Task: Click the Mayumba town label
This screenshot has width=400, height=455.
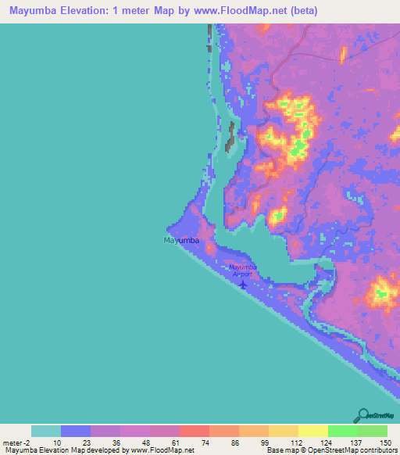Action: (x=181, y=240)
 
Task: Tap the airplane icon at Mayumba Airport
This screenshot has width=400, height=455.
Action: (x=243, y=284)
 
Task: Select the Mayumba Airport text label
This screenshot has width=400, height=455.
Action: (x=243, y=270)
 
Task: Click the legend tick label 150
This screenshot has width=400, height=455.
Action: (x=386, y=442)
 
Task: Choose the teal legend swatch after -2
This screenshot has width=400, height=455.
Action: (x=46, y=431)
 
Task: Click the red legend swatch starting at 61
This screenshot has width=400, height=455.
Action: (x=194, y=431)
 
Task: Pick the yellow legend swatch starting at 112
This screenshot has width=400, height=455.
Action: (x=312, y=431)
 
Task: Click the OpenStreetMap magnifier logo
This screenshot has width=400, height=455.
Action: (x=362, y=415)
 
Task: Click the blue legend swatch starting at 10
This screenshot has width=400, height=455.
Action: (x=76, y=431)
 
